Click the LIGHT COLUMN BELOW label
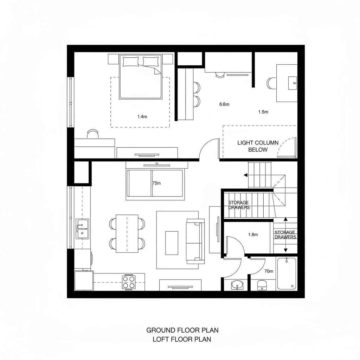258,146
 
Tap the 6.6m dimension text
224,104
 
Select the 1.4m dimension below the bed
142,116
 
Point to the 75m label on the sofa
156,183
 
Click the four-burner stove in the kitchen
129,282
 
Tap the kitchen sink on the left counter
82,229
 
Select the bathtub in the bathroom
287,274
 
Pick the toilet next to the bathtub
262,285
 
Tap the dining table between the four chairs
127,233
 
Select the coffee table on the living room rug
172,243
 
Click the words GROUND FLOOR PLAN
182,330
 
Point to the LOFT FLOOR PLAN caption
182,339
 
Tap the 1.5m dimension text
263,112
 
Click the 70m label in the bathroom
269,271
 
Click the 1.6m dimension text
253,234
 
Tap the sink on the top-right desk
292,83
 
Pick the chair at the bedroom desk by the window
93,134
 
